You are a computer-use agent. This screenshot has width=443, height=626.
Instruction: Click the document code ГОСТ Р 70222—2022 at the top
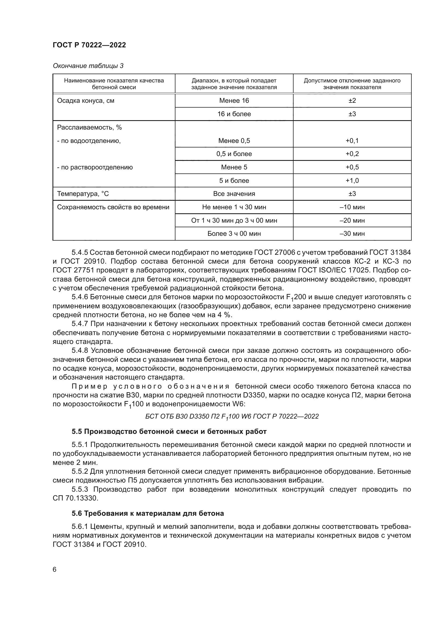(x=89, y=45)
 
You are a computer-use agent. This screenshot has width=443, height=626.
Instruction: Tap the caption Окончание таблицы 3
(x=88, y=66)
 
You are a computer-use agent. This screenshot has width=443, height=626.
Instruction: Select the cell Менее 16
(x=234, y=101)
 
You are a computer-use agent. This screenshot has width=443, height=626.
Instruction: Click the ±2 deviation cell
(x=352, y=101)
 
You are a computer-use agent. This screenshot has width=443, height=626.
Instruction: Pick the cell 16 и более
(x=234, y=114)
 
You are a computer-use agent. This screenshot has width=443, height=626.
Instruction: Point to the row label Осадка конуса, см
(x=86, y=101)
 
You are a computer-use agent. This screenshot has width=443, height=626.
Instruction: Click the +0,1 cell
(x=352, y=141)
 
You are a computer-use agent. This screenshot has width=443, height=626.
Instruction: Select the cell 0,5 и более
(x=234, y=154)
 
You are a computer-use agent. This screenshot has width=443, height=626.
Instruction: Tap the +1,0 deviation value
(x=352, y=180)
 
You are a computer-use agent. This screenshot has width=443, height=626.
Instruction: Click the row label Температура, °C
(x=83, y=194)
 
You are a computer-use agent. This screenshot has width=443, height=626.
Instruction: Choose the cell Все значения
(x=234, y=194)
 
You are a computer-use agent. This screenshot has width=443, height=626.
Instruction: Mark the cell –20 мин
(x=352, y=220)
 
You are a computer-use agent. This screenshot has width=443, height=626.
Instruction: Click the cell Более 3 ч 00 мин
(x=234, y=234)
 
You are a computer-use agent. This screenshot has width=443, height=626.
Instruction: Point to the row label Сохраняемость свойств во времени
(x=113, y=207)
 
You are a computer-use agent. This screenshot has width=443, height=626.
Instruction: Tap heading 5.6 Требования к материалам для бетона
(x=148, y=513)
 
